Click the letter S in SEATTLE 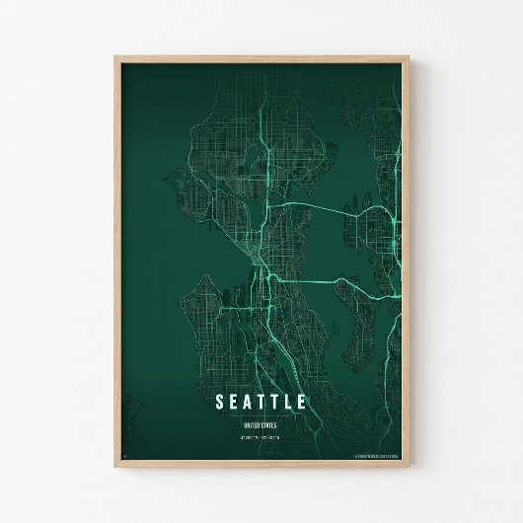click(219, 402)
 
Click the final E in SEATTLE click(302, 402)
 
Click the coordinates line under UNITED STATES click(261, 435)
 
